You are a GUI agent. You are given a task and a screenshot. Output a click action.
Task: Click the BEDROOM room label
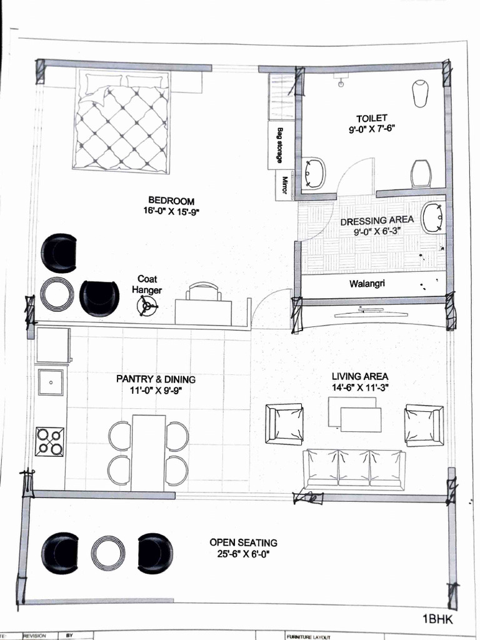[171, 201]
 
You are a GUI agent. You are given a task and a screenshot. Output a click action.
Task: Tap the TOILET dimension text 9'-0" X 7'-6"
[372, 129]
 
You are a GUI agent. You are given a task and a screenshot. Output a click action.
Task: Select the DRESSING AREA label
[376, 221]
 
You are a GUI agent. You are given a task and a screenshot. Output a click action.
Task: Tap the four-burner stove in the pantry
[50, 441]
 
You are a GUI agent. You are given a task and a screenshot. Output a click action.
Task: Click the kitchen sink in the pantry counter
[51, 381]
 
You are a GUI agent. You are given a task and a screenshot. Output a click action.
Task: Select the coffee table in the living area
[355, 414]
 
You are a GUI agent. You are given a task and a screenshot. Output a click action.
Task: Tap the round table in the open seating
[108, 554]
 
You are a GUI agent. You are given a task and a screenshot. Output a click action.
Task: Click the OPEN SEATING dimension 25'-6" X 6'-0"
[243, 554]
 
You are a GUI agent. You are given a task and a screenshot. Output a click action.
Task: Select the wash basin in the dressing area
[432, 218]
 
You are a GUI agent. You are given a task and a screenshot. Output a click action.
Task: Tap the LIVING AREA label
[359, 376]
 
